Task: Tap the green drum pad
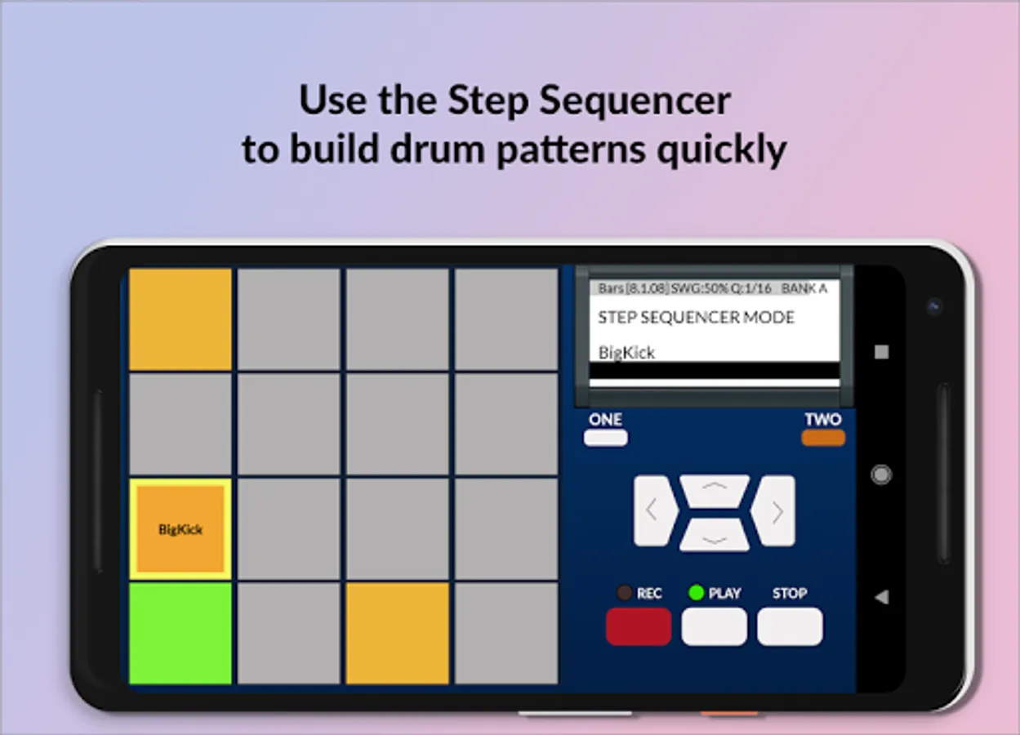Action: coord(180,633)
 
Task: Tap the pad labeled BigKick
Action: coord(180,529)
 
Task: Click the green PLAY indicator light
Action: coord(697,592)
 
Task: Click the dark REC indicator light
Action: coord(624,592)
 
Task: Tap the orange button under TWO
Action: coord(823,438)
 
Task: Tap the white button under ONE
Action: coord(606,438)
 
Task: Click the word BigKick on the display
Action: coord(626,353)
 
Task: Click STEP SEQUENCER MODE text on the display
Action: coord(697,317)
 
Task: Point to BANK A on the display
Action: coord(804,288)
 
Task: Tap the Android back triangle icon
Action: coord(882,597)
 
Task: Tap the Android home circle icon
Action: coord(881,475)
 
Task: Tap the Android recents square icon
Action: coord(882,351)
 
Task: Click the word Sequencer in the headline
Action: coord(635,101)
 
